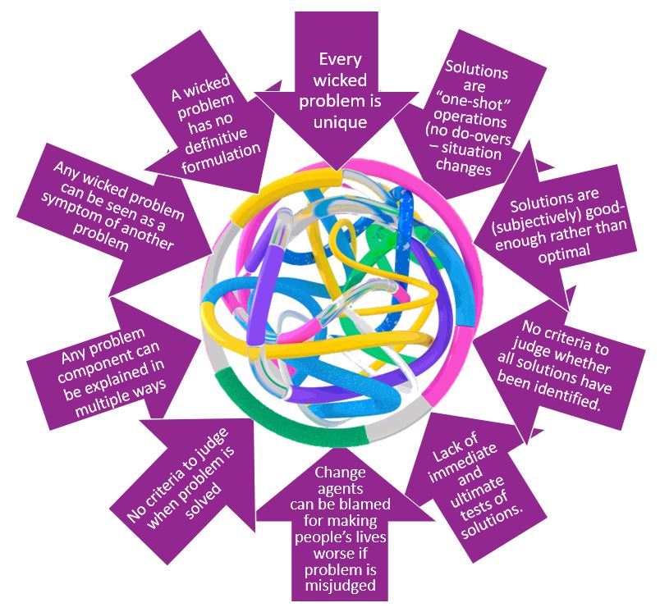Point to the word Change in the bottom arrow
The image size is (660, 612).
pyautogui.click(x=340, y=473)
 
